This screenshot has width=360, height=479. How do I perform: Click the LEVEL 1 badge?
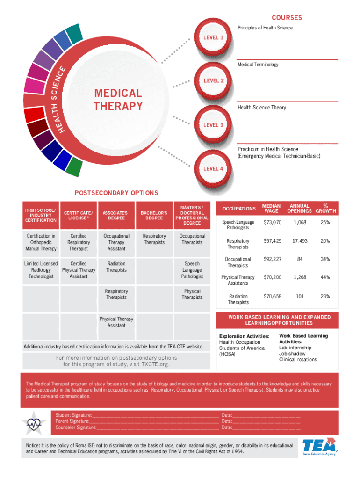coord(212,37)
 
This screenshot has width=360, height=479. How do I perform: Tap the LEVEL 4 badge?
coord(212,168)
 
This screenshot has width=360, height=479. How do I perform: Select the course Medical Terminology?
coord(258,65)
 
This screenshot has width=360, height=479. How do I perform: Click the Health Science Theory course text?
coord(261,108)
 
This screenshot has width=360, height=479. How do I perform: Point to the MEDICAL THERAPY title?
coord(118,100)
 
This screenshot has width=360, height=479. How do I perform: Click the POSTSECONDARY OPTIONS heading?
coord(116,193)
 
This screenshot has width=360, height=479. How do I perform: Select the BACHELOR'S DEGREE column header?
coord(154,215)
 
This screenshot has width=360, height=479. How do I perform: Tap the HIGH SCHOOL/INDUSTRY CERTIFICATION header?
coord(41,215)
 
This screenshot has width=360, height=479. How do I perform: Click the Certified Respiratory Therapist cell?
coord(79,242)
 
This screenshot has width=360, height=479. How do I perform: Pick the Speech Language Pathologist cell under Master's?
coord(192,270)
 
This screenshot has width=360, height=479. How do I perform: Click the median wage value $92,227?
coord(273,259)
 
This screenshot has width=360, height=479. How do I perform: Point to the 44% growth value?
coord(324,277)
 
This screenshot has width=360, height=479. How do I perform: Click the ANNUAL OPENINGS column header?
coord(300,208)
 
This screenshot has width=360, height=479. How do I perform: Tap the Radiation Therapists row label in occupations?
coord(238,299)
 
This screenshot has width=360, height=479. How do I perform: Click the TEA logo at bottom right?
coord(319,447)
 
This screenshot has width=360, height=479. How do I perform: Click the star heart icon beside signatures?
coord(34,422)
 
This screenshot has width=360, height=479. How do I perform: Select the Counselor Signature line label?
coord(76,428)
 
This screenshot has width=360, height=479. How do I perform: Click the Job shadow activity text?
coord(292,354)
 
